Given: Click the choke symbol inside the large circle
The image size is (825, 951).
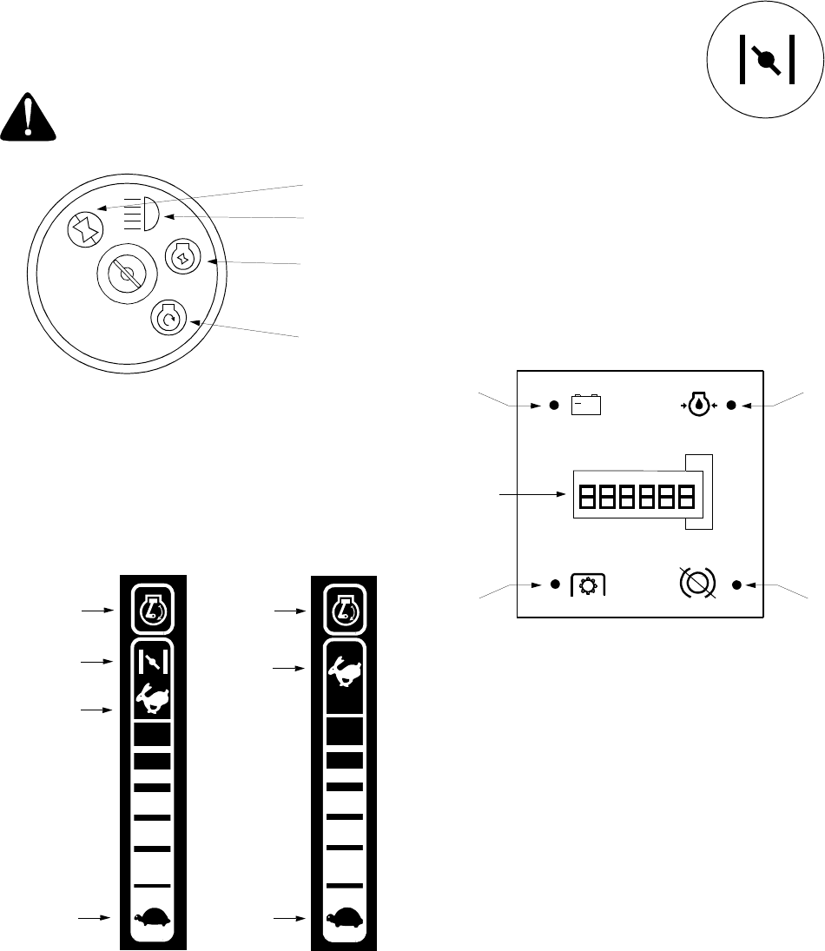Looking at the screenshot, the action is pos(765,60).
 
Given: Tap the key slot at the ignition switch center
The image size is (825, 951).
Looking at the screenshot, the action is pos(128,274).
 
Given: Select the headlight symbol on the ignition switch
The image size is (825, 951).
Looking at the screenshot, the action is pos(138,214).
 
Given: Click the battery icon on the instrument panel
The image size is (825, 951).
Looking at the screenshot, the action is pos(586,406).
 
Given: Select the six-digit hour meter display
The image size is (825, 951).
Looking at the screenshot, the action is pos(635,497).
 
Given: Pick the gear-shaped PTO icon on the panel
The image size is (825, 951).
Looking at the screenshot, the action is pos(588,585).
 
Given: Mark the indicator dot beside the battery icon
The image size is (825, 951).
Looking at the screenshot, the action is pos(553,406).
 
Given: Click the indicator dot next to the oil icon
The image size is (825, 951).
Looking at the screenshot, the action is pos(731,406).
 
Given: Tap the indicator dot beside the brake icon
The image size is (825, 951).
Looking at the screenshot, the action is pos(736,584).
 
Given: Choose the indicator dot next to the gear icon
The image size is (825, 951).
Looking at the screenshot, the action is pos(554,584).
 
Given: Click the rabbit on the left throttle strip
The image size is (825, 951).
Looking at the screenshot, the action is pos(153,698).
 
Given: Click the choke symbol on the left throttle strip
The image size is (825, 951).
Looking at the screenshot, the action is pos(153,662).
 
